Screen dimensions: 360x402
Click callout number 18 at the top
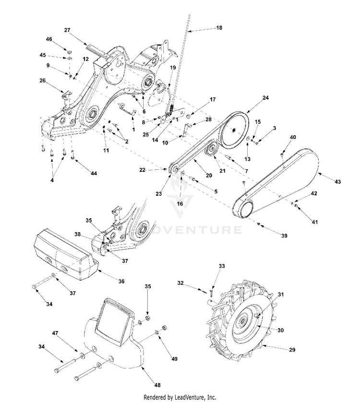tap(219, 28)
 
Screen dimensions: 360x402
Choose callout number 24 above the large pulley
tap(265, 97)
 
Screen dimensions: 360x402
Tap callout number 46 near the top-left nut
tap(49, 38)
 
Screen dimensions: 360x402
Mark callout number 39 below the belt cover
tap(285, 236)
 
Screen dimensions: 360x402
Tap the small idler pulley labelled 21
tap(210, 152)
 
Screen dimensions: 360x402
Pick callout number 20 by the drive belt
tap(209, 176)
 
